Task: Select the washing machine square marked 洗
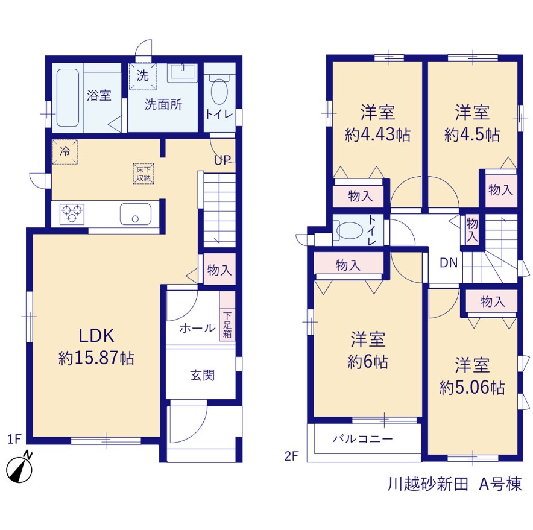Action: (142, 76)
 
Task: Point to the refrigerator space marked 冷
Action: (65, 151)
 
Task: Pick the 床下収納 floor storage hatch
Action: (143, 174)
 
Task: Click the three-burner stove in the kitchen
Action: (72, 214)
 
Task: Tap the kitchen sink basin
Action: (136, 214)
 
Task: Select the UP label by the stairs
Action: (222, 160)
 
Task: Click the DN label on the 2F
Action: (449, 263)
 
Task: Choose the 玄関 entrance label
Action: (202, 375)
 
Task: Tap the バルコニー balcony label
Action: (363, 438)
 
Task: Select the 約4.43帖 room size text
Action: (377, 135)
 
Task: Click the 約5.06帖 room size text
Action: (472, 388)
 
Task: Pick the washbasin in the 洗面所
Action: (182, 72)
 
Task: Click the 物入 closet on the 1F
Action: (219, 270)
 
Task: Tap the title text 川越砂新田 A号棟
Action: (455, 484)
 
